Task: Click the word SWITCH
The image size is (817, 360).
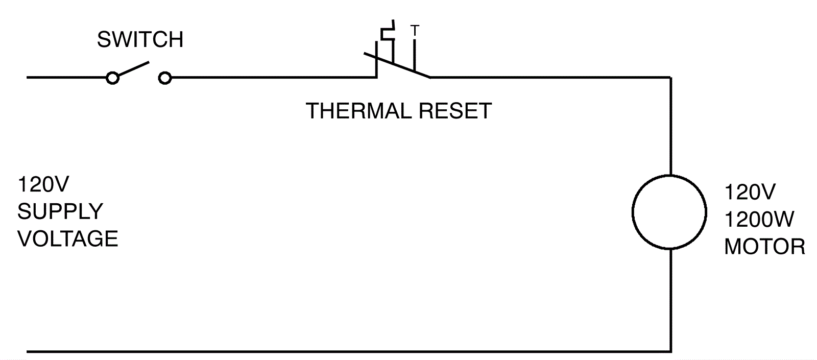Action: (x=140, y=40)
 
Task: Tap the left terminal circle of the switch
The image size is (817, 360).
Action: (x=112, y=78)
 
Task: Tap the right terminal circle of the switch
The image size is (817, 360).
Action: (x=164, y=78)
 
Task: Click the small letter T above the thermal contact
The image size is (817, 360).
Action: (x=415, y=31)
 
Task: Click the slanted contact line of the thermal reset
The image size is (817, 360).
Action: (x=398, y=65)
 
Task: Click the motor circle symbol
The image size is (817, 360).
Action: (x=669, y=212)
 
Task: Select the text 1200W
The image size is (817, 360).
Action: (x=759, y=220)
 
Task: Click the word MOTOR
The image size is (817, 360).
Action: (x=764, y=247)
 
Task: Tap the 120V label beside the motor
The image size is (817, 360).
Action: (x=750, y=193)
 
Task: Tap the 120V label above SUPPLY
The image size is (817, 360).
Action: (x=43, y=184)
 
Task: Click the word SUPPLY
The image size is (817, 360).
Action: (x=60, y=211)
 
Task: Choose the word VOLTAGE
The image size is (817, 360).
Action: (x=68, y=238)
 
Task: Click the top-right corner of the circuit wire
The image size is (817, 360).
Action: (x=670, y=78)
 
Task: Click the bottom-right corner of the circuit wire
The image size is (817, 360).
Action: (x=670, y=351)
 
